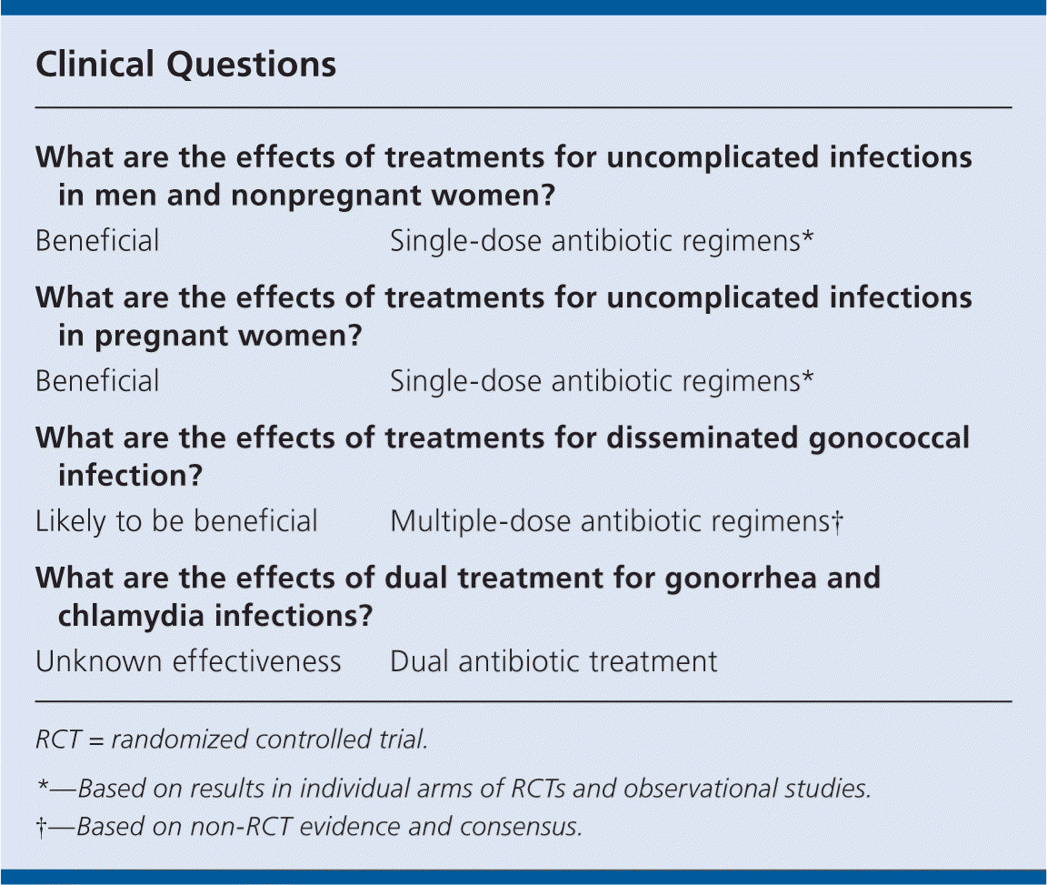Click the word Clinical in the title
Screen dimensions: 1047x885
(x=95, y=65)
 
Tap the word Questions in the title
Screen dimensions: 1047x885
(x=251, y=65)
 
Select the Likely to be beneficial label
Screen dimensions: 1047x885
(x=176, y=521)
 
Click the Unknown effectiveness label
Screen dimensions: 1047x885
(x=188, y=662)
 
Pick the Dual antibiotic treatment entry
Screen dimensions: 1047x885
(x=553, y=662)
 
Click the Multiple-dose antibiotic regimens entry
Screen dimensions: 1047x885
(x=610, y=522)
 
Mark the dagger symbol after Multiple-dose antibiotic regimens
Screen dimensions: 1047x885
(x=837, y=521)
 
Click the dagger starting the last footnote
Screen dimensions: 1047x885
(x=42, y=828)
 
